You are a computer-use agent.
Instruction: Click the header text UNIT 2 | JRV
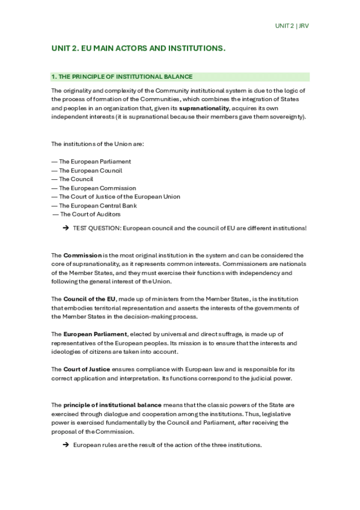point(291,26)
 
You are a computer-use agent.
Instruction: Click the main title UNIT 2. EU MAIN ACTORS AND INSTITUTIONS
point(138,48)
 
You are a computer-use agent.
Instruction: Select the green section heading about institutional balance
point(122,76)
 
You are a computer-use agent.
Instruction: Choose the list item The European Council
point(90,170)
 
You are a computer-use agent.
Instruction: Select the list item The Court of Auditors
point(90,214)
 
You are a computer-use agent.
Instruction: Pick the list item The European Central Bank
point(97,206)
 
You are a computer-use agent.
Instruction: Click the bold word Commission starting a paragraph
point(82,256)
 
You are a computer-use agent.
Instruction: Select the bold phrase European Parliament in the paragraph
point(95,334)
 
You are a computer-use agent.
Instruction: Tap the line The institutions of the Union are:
point(97,144)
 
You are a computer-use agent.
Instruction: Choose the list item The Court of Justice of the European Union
point(119,197)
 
